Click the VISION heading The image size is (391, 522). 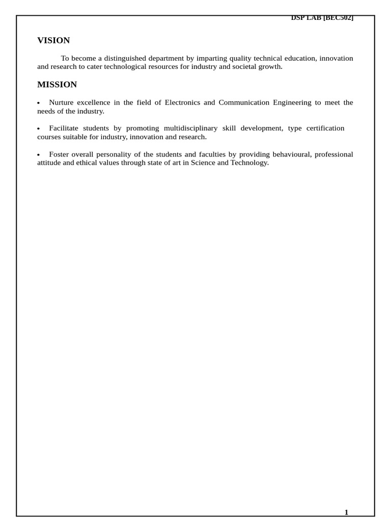click(x=53, y=40)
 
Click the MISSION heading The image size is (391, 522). click(x=57, y=85)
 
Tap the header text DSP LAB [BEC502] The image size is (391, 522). click(x=322, y=18)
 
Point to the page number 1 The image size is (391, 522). click(x=346, y=512)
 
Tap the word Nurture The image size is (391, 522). click(x=61, y=102)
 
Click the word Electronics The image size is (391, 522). click(x=182, y=102)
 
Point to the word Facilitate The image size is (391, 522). click(x=64, y=128)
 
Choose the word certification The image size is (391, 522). click(x=325, y=128)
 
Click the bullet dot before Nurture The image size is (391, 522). click(x=39, y=103)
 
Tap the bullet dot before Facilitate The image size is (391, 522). click(x=39, y=129)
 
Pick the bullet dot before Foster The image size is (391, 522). click(x=39, y=155)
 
